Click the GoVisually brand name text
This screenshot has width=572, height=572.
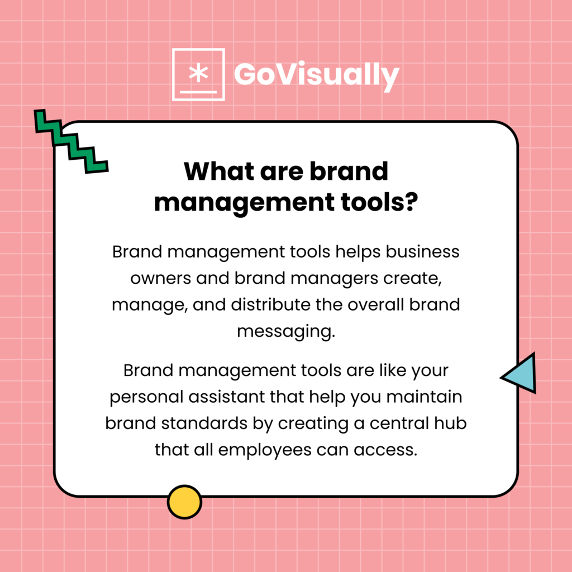tap(316, 75)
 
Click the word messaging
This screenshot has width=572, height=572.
tap(285, 331)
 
